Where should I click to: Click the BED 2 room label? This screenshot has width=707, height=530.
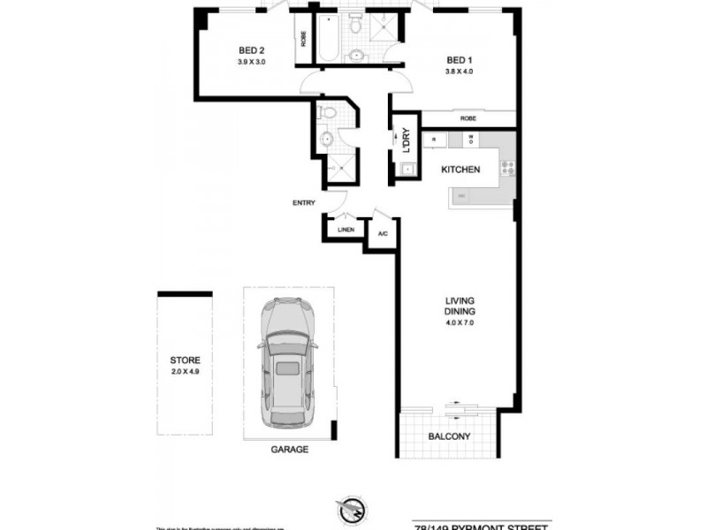tap(252, 50)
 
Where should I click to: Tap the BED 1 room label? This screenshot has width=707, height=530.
tap(460, 60)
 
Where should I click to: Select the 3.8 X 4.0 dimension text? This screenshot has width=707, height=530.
tap(460, 72)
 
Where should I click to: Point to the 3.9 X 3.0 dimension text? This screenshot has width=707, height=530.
tap(252, 63)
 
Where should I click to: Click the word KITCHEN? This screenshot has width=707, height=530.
tap(460, 170)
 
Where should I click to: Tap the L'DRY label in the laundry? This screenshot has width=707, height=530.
tap(406, 141)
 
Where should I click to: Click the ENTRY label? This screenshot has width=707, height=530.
tap(304, 203)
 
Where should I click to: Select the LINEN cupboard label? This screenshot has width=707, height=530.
tap(346, 230)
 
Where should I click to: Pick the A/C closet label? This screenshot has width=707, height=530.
tap(384, 234)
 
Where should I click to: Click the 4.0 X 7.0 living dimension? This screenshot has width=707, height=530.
tap(460, 323)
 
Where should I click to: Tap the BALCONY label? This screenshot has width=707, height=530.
tap(450, 436)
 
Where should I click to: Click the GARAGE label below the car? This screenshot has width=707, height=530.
tap(289, 450)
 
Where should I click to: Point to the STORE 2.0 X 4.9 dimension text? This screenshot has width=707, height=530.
tap(186, 372)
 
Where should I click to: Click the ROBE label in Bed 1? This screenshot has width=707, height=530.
tap(468, 118)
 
